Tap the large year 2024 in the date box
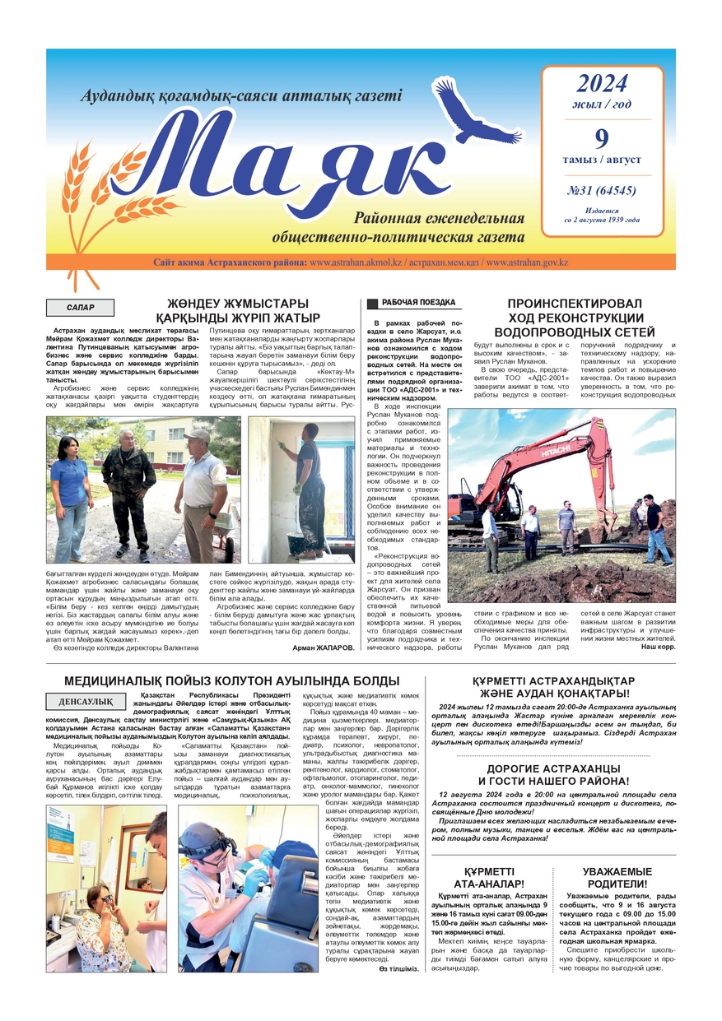(602, 83)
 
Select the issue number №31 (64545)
(602, 191)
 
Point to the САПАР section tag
(80, 309)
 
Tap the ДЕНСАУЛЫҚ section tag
(86, 702)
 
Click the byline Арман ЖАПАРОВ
(324, 647)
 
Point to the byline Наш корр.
(658, 647)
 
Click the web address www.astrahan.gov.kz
(527, 262)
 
